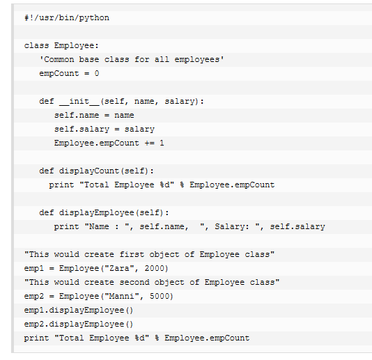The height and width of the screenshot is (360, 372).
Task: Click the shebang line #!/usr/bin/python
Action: tap(67, 18)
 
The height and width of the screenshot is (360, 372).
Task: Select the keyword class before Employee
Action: tap(36, 45)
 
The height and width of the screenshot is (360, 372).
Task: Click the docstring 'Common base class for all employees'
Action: tap(132, 59)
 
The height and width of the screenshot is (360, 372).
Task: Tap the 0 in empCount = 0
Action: tap(97, 73)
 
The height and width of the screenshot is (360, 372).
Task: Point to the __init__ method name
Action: tap(79, 102)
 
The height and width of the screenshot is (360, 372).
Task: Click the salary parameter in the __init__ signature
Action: tap(180, 101)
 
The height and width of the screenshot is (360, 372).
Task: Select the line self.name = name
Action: tap(94, 116)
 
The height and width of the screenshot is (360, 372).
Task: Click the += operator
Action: tap(150, 143)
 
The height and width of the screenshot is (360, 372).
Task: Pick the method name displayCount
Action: tap(89, 171)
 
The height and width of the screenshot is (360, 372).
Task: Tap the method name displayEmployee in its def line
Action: tap(97, 213)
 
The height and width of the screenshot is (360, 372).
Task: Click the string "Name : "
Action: tap(107, 226)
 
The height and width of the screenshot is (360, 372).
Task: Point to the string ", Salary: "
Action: tap(230, 226)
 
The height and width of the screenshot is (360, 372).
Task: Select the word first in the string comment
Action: tap(132, 254)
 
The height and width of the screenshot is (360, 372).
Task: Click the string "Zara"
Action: tap(119, 268)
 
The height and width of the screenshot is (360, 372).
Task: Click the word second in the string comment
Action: tap(134, 282)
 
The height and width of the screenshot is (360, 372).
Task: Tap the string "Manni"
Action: tap(122, 296)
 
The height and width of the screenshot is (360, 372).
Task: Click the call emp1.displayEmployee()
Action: tap(79, 310)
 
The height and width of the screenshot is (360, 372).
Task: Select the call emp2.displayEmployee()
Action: tap(79, 324)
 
